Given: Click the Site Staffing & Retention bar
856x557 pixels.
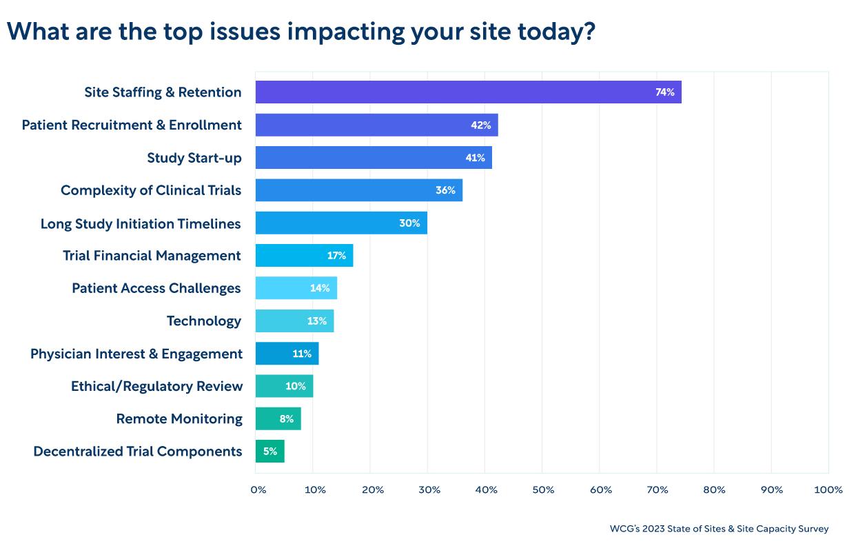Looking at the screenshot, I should (x=468, y=92).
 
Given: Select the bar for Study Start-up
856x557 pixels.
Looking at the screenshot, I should (x=374, y=157).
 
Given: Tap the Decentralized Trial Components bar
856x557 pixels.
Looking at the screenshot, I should (x=269, y=452).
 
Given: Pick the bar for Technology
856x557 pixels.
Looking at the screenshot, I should (x=294, y=321).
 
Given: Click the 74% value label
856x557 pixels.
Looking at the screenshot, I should (x=664, y=92).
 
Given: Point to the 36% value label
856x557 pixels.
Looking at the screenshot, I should (x=445, y=190).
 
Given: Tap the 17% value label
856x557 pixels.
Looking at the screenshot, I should (x=336, y=256).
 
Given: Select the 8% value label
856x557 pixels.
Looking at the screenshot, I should (x=287, y=418).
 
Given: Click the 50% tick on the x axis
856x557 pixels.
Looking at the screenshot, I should (x=543, y=489).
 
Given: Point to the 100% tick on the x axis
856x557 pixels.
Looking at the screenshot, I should (x=828, y=489).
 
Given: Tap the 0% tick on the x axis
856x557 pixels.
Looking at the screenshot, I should (x=258, y=489).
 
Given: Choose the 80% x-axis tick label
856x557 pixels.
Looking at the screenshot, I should (x=715, y=489).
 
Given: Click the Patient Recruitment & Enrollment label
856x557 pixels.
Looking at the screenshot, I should (x=132, y=125).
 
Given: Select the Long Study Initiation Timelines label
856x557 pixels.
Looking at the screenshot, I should (x=141, y=223).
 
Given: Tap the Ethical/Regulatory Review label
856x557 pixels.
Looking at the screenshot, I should (x=156, y=386).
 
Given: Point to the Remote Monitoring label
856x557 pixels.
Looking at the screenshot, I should (x=179, y=418).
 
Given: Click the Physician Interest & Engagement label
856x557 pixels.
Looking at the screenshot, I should (x=136, y=354).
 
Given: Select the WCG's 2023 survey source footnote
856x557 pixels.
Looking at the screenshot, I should (x=719, y=529).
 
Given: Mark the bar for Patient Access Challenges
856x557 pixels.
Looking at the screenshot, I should (x=296, y=288).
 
